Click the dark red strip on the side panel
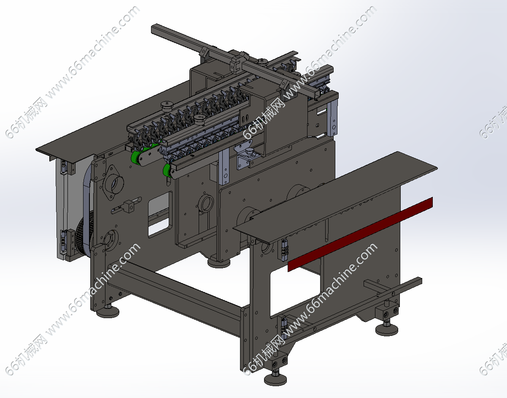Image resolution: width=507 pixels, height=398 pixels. click(360, 234)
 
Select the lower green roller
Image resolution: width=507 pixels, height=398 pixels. click(167, 171)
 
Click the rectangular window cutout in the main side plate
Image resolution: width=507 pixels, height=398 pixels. click(160, 214)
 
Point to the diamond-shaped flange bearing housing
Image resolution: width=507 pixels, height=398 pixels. click(113, 183)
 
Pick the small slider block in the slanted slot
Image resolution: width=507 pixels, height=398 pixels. click(129, 206)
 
